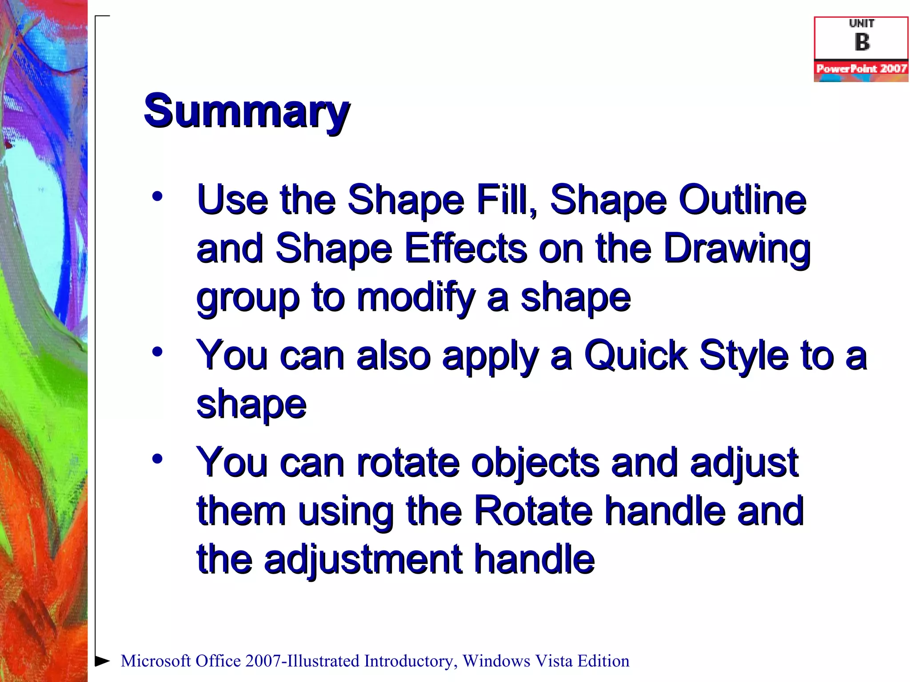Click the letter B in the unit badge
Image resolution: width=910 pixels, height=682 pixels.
(x=862, y=43)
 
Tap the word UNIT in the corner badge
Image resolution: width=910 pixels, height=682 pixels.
(x=861, y=23)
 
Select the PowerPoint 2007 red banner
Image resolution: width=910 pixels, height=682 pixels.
(x=861, y=68)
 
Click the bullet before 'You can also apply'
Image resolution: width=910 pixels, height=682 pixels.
(x=157, y=352)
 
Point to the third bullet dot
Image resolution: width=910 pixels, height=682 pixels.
(x=157, y=458)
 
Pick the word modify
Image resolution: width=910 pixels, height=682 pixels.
(x=416, y=297)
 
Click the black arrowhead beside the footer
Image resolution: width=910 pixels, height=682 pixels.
(x=103, y=661)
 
